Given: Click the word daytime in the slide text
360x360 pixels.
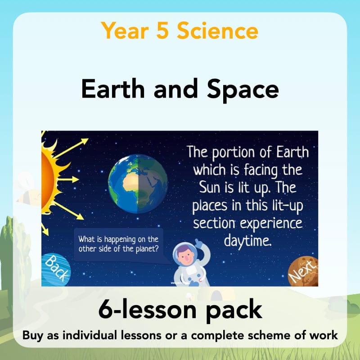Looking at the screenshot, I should [x=248, y=240].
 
